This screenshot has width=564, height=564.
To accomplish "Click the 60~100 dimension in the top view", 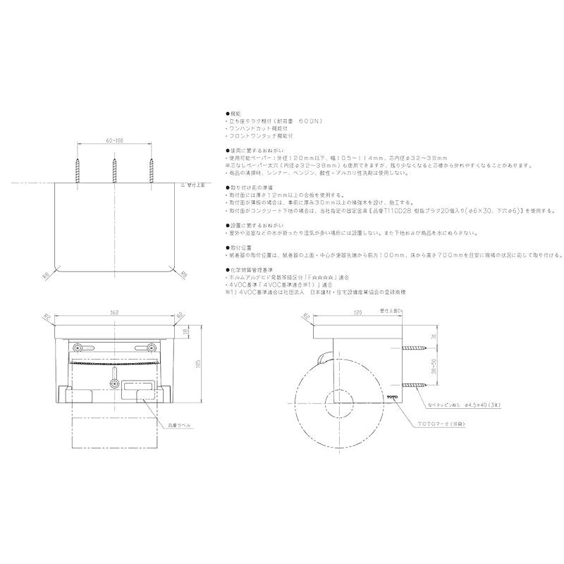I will (x=114, y=142).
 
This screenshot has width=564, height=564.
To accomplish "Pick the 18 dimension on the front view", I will (x=185, y=331).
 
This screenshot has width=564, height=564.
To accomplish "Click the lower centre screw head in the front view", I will (x=114, y=384).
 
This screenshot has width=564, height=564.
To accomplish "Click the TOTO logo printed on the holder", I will (x=391, y=398).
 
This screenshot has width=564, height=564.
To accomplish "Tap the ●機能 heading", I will (x=233, y=114).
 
